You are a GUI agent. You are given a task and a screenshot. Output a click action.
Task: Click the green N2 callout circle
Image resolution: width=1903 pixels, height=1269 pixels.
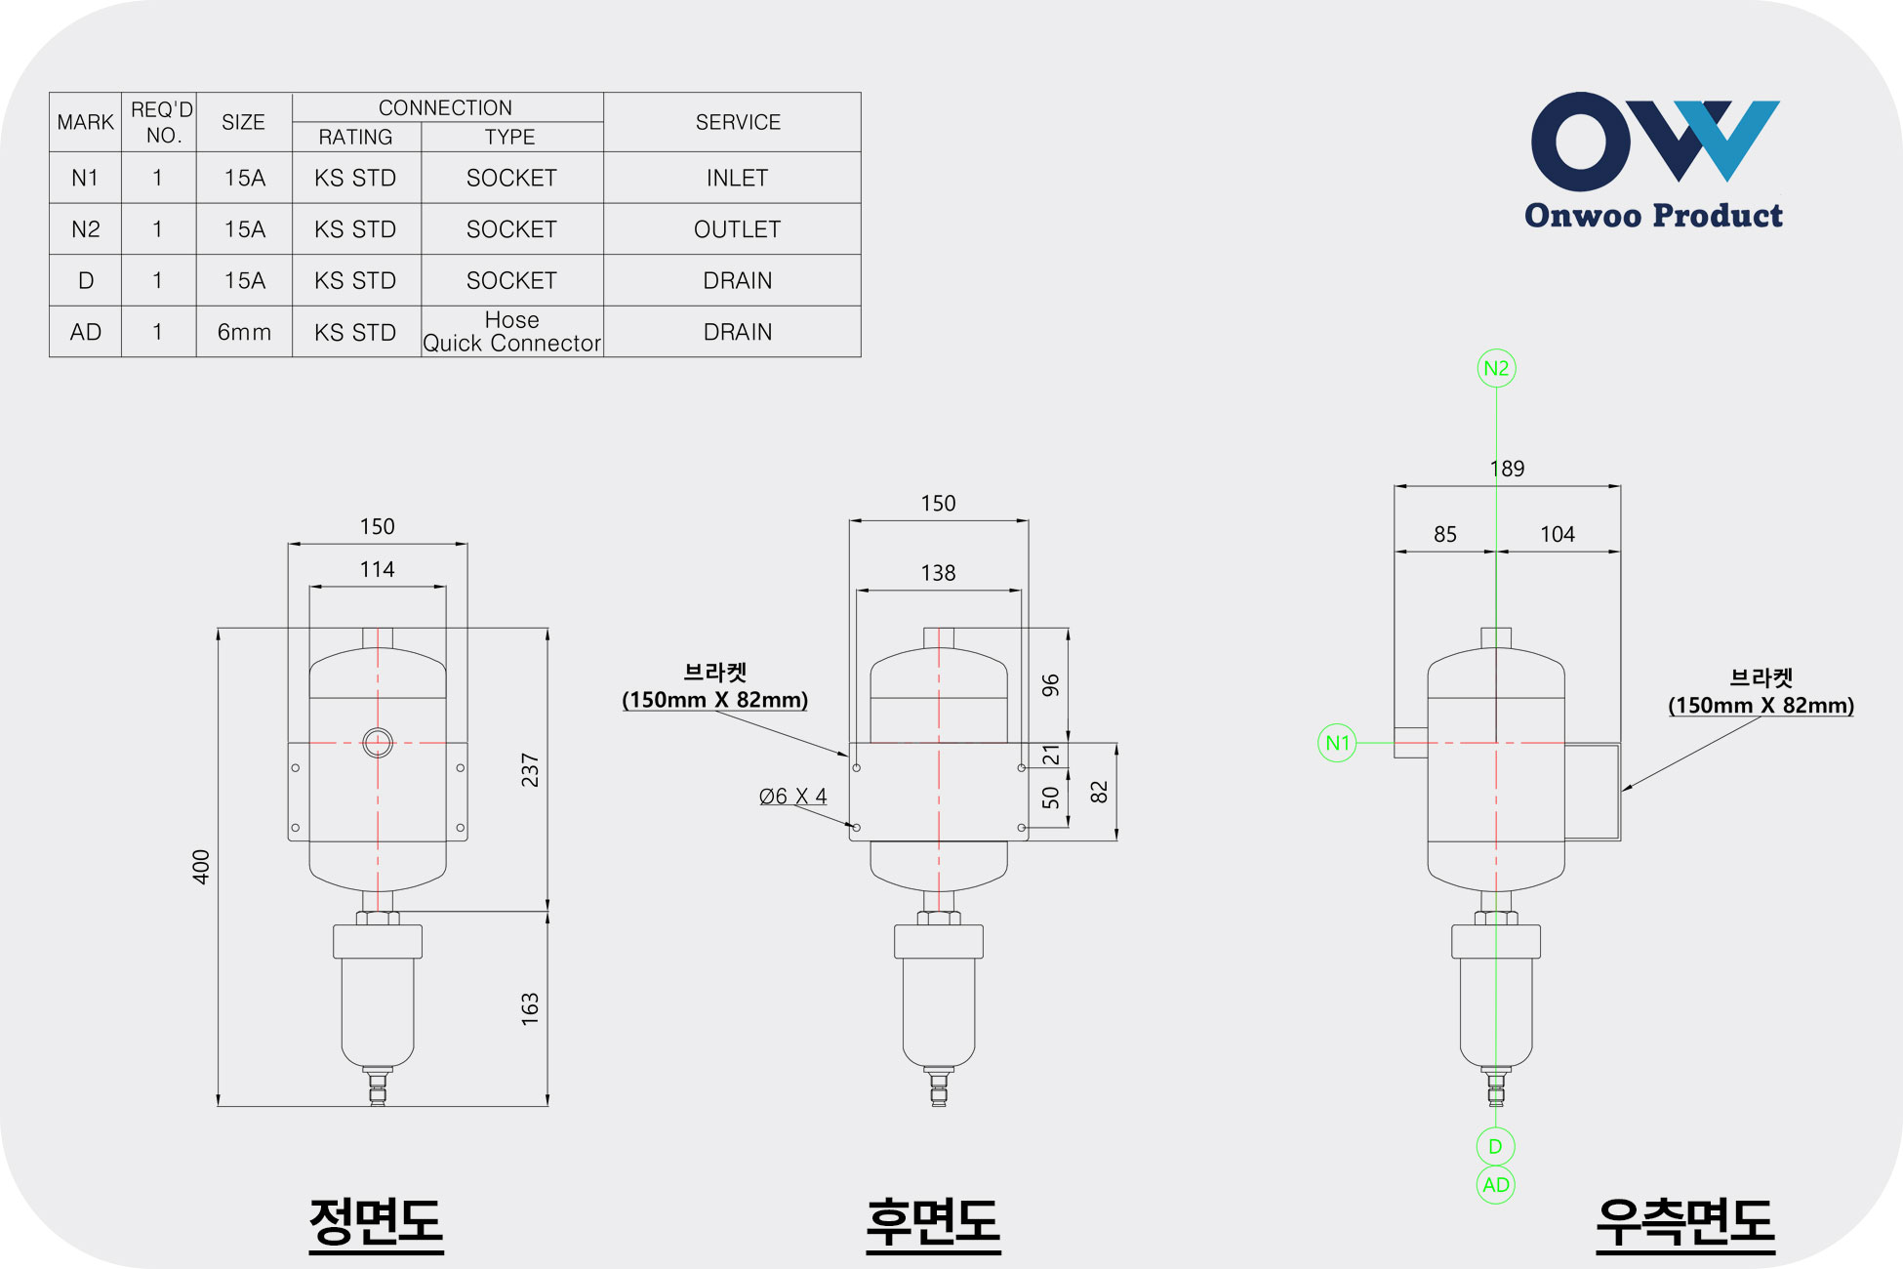point(1496,368)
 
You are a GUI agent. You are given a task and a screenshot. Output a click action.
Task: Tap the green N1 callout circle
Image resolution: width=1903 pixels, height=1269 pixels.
point(1337,743)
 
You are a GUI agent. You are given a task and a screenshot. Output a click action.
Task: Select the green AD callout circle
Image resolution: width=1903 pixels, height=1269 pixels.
point(1496,1185)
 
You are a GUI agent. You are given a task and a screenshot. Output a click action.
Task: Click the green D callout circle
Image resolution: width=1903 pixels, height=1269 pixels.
point(1496,1146)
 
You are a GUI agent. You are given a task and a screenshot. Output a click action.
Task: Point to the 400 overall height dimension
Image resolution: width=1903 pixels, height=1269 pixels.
point(201,867)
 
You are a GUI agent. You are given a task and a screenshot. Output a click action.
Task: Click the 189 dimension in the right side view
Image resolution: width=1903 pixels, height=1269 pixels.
point(1507,469)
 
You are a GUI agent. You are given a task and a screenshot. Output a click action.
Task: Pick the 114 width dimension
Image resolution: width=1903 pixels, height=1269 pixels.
point(377,569)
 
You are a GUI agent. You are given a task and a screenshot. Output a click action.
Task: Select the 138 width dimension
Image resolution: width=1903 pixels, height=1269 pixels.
point(938,573)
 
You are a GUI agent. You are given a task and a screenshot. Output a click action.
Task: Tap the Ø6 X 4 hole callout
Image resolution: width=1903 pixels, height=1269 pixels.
point(792,797)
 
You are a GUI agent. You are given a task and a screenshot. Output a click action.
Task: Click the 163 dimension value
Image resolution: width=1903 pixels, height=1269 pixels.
point(530,1008)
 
